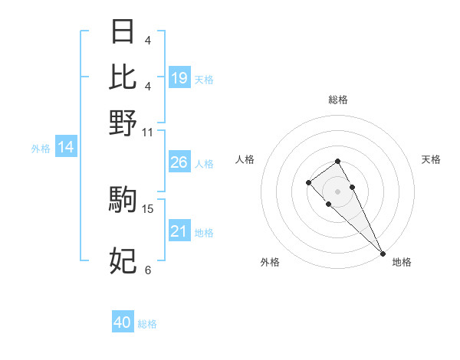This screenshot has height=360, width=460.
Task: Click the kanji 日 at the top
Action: pyautogui.click(x=123, y=32)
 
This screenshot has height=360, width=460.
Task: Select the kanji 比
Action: pyautogui.click(x=123, y=77)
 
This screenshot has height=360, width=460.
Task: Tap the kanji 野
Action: pyautogui.click(x=123, y=123)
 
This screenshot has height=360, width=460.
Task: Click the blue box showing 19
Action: pyautogui.click(x=179, y=78)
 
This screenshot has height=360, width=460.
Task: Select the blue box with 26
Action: pyautogui.click(x=179, y=162)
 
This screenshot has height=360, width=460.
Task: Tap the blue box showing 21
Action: pyautogui.click(x=179, y=231)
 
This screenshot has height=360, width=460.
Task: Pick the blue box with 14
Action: pyautogui.click(x=66, y=147)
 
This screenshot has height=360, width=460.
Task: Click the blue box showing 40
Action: pyautogui.click(x=123, y=322)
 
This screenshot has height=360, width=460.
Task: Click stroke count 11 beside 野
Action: pyautogui.click(x=148, y=131)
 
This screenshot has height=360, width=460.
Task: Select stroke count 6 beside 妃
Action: pyautogui.click(x=148, y=270)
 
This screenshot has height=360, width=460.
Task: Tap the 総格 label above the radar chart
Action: pyautogui.click(x=337, y=100)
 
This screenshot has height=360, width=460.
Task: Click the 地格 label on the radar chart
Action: pyautogui.click(x=402, y=263)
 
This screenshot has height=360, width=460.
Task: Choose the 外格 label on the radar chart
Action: pyautogui.click(x=270, y=263)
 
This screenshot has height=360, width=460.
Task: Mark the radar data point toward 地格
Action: pyautogui.click(x=382, y=254)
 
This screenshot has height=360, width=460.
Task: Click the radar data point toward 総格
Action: pyautogui.click(x=337, y=161)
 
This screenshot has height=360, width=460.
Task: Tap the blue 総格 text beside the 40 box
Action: pyautogui.click(x=147, y=324)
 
